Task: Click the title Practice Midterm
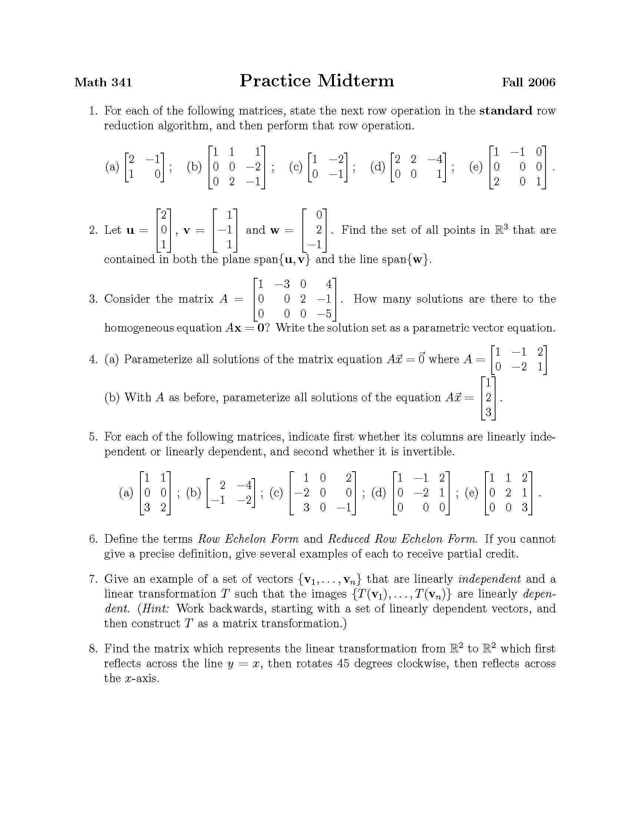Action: coord(316,81)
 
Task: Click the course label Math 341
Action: coord(103,82)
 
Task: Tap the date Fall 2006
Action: coord(528,82)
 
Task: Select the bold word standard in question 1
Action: coord(506,111)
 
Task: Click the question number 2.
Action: coord(93,230)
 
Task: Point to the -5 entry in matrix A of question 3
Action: coord(324,314)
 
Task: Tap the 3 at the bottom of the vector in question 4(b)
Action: coord(488,412)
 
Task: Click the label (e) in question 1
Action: coord(476,167)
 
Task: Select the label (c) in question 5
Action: coord(276,493)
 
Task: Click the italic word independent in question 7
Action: coord(489,579)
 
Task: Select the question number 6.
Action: coord(93,539)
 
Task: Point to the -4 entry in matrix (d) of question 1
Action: coord(435,159)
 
